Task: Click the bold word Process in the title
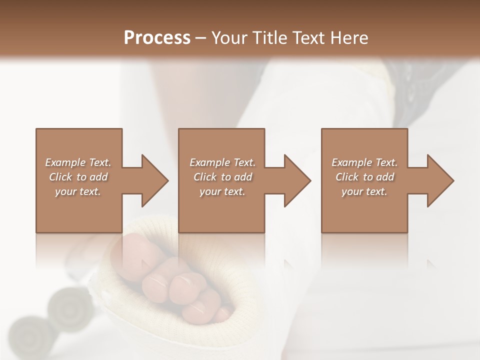click(157, 38)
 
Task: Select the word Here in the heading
click(350, 38)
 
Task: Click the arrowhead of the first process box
click(154, 180)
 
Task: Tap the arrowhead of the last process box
click(440, 180)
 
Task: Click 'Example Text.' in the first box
click(78, 162)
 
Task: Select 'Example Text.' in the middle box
click(222, 162)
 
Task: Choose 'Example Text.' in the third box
click(364, 162)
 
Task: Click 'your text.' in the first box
click(78, 191)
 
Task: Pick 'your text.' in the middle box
click(222, 191)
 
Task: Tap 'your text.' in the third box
click(364, 191)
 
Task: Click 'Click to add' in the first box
click(78, 177)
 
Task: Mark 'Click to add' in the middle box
click(222, 177)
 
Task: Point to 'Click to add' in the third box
click(364, 177)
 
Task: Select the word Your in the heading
click(227, 38)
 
